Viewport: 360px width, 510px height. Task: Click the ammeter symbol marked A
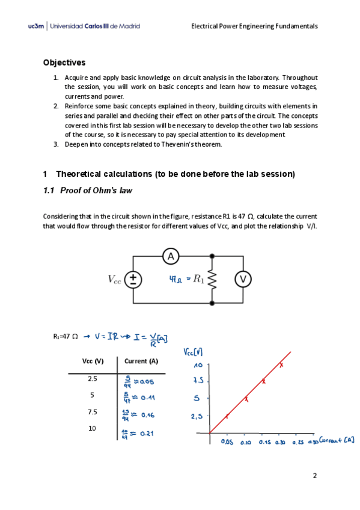tap(171, 257)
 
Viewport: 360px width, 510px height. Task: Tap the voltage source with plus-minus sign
tap(133, 279)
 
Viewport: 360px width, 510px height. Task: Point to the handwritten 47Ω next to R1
tap(177, 278)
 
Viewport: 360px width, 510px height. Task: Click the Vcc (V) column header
tap(93, 361)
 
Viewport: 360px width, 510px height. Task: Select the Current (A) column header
tap(141, 361)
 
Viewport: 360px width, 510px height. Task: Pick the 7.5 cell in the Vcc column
tap(92, 412)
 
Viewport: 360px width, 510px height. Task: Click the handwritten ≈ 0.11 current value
tap(139, 398)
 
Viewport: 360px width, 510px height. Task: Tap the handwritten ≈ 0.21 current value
tap(139, 433)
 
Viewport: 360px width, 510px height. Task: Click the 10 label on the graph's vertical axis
tap(197, 366)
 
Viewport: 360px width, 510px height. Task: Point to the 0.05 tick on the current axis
tap(227, 442)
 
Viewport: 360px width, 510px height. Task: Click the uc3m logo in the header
tap(35, 26)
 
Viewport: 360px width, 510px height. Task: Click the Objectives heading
tap(64, 63)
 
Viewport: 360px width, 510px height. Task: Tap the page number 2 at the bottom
tap(314, 475)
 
